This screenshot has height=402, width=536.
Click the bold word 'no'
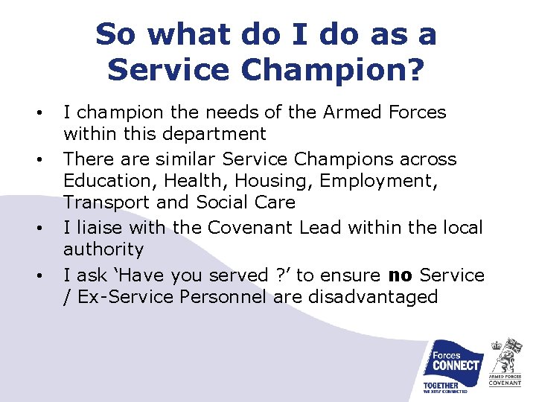400,275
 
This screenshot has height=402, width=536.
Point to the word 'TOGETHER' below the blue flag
441,386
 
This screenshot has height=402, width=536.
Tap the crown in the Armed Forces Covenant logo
496,345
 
